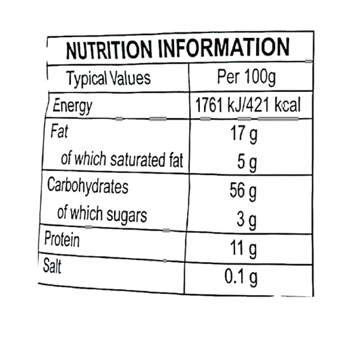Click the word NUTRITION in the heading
(x=109, y=49)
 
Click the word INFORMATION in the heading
(x=224, y=47)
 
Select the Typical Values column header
(x=108, y=78)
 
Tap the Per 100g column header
(x=246, y=77)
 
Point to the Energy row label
(x=72, y=106)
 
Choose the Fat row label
(x=59, y=131)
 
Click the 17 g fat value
(x=244, y=134)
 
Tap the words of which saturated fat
(x=122, y=159)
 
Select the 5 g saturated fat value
(x=247, y=163)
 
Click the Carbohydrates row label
(x=88, y=186)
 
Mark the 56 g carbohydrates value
(x=243, y=191)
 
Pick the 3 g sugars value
(x=247, y=220)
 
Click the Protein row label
(x=62, y=239)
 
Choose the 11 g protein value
(x=243, y=249)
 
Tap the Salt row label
(x=52, y=266)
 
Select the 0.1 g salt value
(x=241, y=278)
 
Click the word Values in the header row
(x=130, y=78)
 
